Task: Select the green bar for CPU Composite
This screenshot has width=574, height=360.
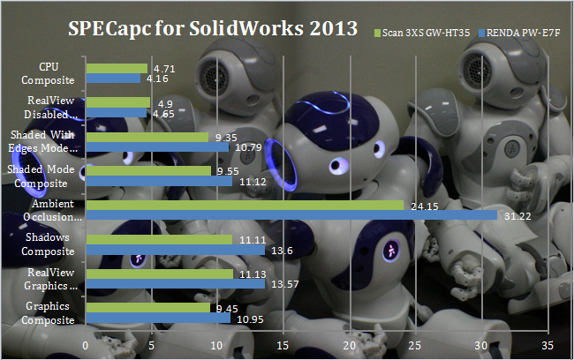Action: point(117,68)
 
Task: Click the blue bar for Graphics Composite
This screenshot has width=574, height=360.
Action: point(158,318)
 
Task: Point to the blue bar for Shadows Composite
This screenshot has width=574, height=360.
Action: point(175,251)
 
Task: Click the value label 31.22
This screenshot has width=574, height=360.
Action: point(515,217)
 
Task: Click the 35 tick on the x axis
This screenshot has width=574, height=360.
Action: point(548,345)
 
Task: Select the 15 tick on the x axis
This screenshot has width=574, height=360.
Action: point(283,345)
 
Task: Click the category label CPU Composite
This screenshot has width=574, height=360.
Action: point(49,72)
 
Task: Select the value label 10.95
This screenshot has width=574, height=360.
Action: point(246,319)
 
